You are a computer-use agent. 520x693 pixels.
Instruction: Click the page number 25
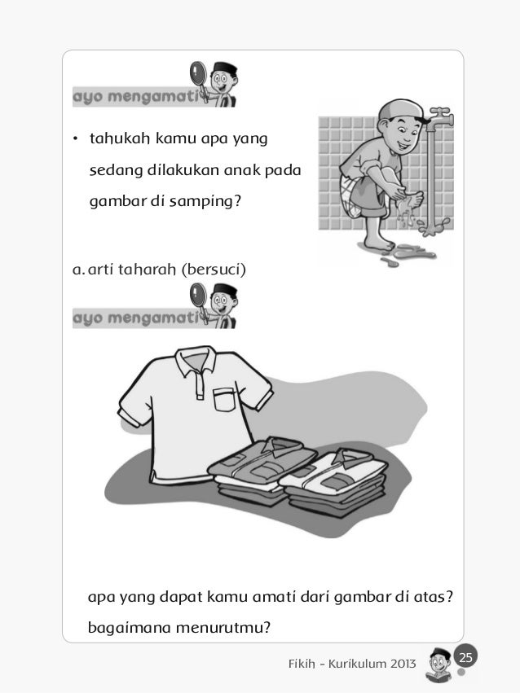click(465, 657)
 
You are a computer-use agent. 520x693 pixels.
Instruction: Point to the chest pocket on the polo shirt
click(225, 399)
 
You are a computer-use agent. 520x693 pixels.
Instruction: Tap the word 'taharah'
click(148, 270)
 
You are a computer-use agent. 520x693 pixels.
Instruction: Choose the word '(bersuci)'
click(214, 270)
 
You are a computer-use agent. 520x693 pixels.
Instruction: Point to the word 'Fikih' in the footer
click(302, 664)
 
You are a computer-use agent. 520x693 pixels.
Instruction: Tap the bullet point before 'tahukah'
click(76, 139)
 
